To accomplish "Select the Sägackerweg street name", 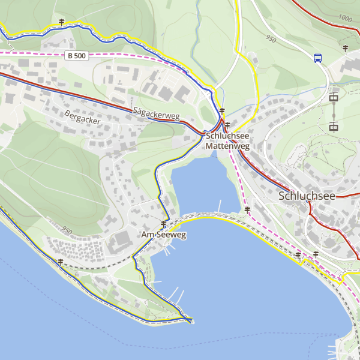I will click(157, 115).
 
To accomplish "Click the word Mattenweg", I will click(227, 146).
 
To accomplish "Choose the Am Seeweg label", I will click(164, 235).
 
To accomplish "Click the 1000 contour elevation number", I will click(345, 18).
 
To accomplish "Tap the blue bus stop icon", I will click(317, 58).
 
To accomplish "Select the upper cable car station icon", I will click(334, 97).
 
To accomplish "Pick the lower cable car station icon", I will click(334, 126).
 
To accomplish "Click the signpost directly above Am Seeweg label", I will click(163, 224).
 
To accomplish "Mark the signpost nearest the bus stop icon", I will click(346, 47).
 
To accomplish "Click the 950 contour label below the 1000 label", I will click(270, 39).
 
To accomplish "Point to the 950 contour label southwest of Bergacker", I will click(66, 230).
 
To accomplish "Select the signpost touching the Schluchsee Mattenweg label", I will click(227, 125).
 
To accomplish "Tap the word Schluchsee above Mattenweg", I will click(227, 136).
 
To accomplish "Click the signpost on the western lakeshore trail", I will click(61, 262).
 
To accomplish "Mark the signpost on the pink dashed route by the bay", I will click(247, 209).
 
